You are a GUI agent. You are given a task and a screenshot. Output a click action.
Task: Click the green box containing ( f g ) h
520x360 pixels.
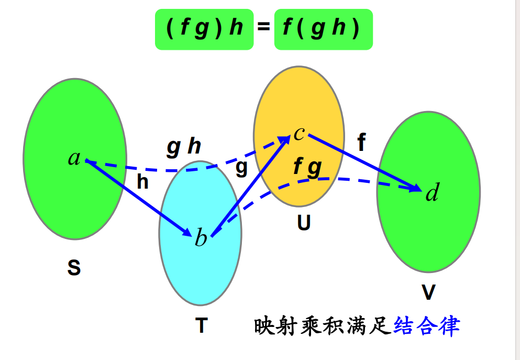204,29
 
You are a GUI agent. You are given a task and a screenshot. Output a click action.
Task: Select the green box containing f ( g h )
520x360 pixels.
323,29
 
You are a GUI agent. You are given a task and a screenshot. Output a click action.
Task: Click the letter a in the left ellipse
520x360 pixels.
74,158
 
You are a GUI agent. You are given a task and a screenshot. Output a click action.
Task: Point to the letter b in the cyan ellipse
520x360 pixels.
201,238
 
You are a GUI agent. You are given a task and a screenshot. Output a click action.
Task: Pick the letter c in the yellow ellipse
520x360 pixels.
299,133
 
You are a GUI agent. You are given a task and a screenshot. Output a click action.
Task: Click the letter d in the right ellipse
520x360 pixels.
432,194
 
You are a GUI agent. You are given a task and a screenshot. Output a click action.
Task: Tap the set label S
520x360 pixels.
74,268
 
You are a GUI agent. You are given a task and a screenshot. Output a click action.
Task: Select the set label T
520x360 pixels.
201,326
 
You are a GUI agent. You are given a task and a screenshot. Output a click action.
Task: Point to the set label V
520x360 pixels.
428,293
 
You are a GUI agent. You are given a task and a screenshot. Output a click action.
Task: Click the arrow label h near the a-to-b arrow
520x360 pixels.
142,182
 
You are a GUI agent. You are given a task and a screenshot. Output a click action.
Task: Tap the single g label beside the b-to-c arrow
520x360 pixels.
241,168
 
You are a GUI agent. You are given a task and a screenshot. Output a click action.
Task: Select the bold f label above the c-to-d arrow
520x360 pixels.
361,143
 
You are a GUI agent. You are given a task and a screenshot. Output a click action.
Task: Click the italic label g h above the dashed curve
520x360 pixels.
184,147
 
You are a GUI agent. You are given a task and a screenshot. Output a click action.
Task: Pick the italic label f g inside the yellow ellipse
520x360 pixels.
307,167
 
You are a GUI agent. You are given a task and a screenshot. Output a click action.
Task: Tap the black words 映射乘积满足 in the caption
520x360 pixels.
323,326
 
